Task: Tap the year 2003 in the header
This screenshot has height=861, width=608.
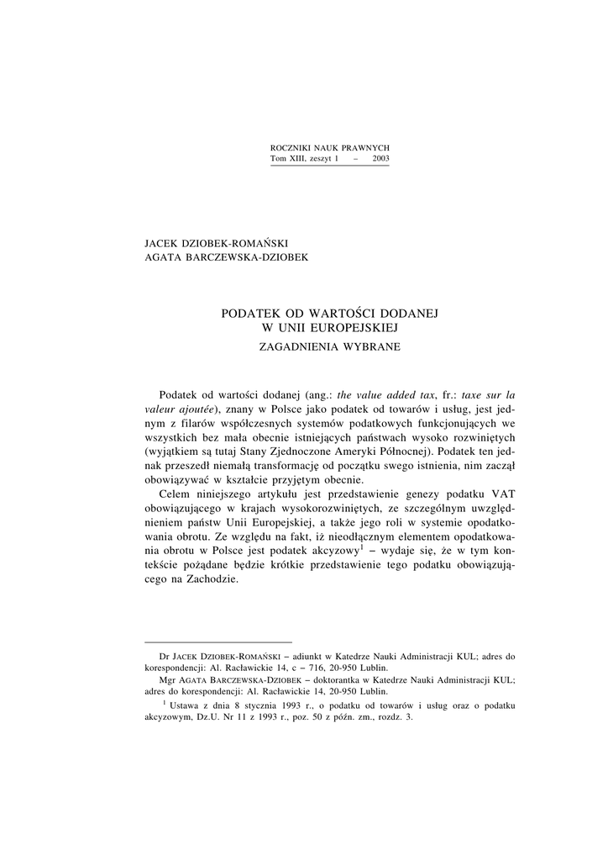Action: (380, 158)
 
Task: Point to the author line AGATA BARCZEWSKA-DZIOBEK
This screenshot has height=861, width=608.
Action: (227, 257)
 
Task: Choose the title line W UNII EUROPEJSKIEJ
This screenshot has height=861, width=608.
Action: (329, 327)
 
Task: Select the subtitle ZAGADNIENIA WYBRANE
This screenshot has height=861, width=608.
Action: (329, 345)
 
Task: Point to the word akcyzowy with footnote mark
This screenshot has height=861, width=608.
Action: (335, 555)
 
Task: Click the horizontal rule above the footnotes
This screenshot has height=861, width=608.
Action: (218, 641)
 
